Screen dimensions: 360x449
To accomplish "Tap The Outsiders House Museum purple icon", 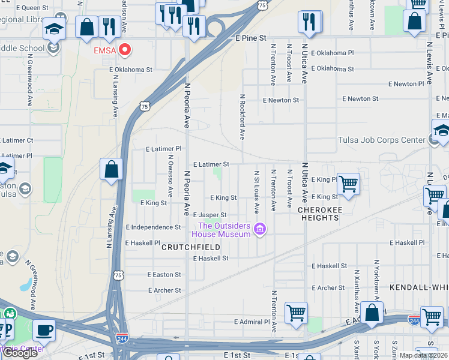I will pyautogui.click(x=260, y=229).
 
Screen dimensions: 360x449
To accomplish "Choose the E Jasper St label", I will pyautogui.click(x=210, y=215).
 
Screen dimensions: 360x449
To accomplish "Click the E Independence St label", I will pyautogui.click(x=153, y=227).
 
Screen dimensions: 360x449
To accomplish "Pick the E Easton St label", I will pyautogui.click(x=164, y=274).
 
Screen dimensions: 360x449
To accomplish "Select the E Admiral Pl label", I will pyautogui.click(x=252, y=322).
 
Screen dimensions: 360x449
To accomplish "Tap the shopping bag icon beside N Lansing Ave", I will pyautogui.click(x=112, y=169).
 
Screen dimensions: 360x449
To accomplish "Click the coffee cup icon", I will pyautogui.click(x=43, y=329).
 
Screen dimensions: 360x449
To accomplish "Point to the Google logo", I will pyautogui.click(x=20, y=353).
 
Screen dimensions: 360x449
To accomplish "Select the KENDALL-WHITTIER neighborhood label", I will pyautogui.click(x=419, y=288).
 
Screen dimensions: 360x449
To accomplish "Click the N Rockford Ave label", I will pyautogui.click(x=243, y=116).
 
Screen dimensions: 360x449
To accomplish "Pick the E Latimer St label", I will pyautogui.click(x=211, y=164).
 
